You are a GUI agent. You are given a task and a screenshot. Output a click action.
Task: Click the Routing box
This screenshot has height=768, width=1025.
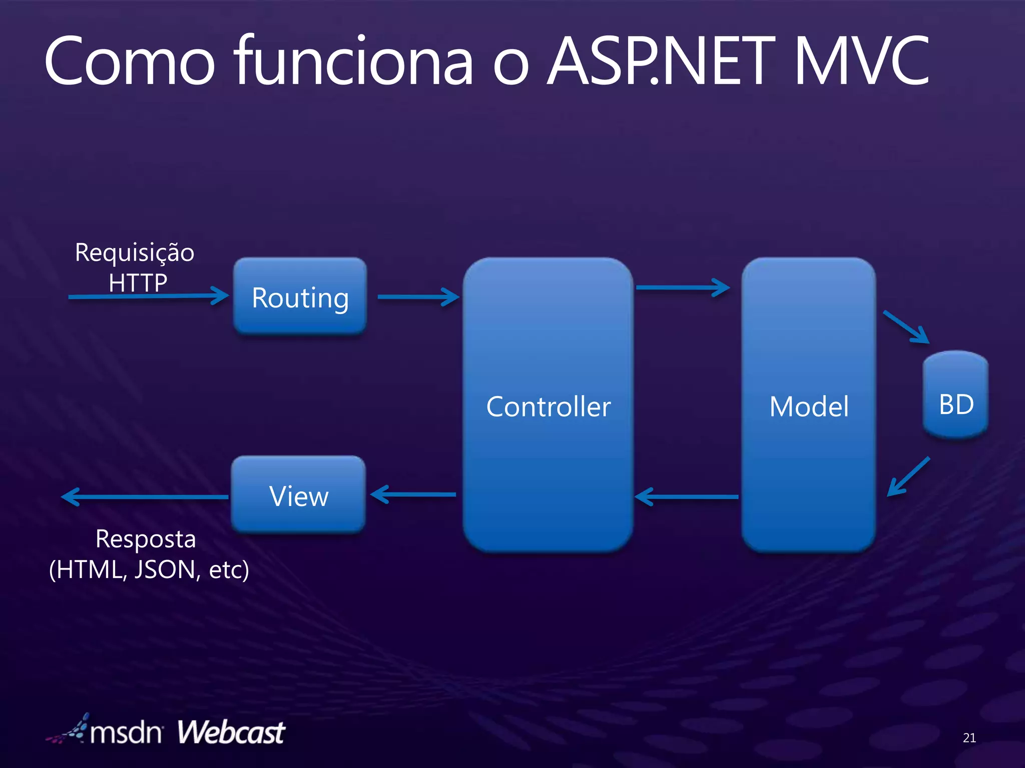[x=300, y=296]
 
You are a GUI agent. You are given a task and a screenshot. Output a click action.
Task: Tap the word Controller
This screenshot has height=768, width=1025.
[x=548, y=406]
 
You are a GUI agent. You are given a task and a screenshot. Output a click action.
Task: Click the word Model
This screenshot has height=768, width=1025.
[x=809, y=406]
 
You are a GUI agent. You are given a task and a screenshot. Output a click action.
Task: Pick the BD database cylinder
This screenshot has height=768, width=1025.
[x=955, y=395]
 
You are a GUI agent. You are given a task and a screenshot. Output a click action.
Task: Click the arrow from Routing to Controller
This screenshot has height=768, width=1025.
[x=418, y=296]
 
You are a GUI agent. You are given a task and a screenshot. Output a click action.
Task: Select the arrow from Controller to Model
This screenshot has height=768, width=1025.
[x=683, y=287]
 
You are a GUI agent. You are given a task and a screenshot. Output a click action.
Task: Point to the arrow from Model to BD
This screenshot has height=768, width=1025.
[x=906, y=327]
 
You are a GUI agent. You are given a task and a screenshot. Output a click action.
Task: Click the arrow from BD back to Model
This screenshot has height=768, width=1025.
[x=908, y=476]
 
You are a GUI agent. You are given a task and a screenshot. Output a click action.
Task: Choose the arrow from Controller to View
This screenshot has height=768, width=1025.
[x=413, y=494]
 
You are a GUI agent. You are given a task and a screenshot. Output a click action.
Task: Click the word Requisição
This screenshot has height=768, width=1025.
[x=134, y=253]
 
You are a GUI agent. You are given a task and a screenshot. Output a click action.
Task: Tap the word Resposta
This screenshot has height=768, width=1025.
[x=146, y=539]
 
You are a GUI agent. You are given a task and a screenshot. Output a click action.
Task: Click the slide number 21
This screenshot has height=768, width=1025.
[x=969, y=737]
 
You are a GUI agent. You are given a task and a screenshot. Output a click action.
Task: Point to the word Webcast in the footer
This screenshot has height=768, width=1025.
[x=231, y=732]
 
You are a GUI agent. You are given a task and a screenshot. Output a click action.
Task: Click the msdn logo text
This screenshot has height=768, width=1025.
[x=126, y=733]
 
